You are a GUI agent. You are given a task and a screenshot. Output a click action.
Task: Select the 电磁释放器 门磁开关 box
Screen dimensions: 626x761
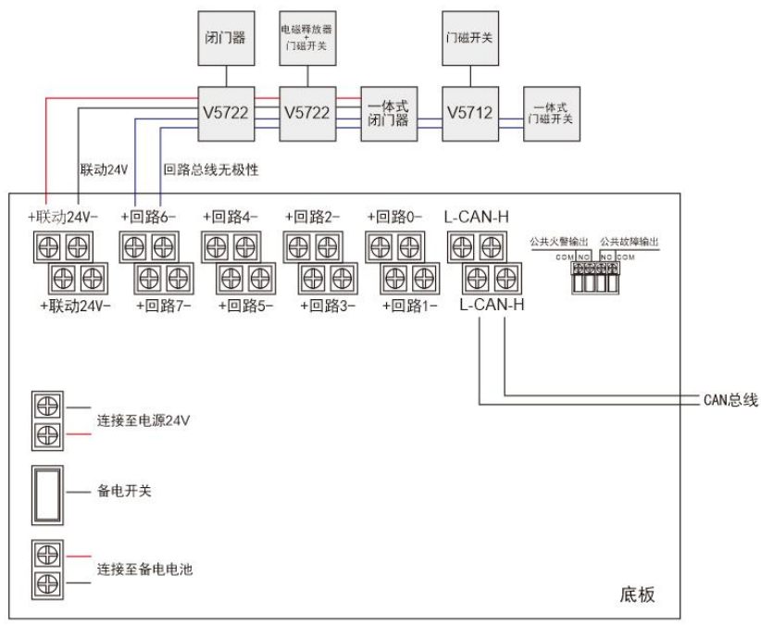pyautogui.click(x=309, y=38)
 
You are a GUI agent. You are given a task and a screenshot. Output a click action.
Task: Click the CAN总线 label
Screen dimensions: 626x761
pyautogui.click(x=731, y=400)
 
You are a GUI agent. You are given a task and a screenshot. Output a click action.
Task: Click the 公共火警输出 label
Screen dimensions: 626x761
pyautogui.click(x=559, y=242)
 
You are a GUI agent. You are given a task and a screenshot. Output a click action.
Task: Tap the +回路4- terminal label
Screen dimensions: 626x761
pyautogui.click(x=231, y=219)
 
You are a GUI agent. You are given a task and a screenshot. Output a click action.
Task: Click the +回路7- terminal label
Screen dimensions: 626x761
pyautogui.click(x=164, y=304)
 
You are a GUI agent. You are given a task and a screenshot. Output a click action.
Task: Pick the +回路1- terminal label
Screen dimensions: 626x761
pyautogui.click(x=409, y=304)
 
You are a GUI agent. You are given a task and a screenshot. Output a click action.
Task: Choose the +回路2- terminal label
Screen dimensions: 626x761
pyautogui.click(x=312, y=219)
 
